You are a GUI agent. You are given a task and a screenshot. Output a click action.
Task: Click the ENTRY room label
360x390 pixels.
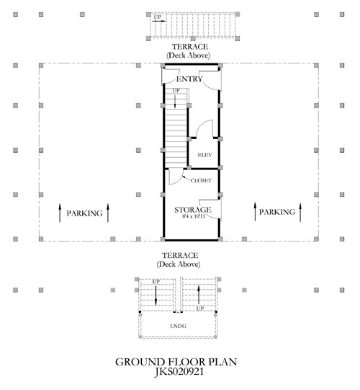pyautogui.click(x=189, y=79)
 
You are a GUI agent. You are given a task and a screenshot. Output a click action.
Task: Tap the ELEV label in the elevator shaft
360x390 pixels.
pyautogui.click(x=204, y=155)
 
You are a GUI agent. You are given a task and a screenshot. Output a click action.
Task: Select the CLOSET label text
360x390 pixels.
pyautogui.click(x=201, y=180)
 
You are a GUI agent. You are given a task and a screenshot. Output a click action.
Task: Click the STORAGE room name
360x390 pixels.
pyautogui.click(x=193, y=210)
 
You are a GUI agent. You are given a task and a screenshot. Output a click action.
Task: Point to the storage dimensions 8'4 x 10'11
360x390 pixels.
pyautogui.click(x=194, y=216)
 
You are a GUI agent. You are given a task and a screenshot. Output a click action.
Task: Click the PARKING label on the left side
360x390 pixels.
pyautogui.click(x=84, y=213)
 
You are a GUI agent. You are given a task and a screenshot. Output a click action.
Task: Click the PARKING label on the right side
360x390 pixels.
pyautogui.click(x=277, y=212)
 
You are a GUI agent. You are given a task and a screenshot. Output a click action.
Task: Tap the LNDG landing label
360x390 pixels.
pyautogui.click(x=178, y=326)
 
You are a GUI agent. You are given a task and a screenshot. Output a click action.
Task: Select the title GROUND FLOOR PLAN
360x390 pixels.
pyautogui.click(x=176, y=362)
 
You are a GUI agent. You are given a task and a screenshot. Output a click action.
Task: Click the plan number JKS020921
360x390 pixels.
pyautogui.click(x=179, y=372)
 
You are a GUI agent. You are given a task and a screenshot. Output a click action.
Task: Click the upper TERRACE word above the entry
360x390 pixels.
pyautogui.click(x=190, y=47)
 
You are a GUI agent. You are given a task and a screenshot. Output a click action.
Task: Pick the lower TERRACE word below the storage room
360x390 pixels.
pyautogui.click(x=180, y=255)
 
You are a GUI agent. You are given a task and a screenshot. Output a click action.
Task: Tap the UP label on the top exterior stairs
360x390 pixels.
pyautogui.click(x=158, y=17)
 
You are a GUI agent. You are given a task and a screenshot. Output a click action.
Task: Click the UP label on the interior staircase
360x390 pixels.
pyautogui.click(x=176, y=91)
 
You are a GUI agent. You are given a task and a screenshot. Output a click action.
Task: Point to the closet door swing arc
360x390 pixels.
pyautogui.click(x=179, y=179)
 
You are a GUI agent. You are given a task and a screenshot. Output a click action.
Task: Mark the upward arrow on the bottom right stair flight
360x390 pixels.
pyautogui.click(x=199, y=295)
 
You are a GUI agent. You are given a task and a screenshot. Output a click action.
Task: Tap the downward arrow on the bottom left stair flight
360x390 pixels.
pyautogui.click(x=156, y=296)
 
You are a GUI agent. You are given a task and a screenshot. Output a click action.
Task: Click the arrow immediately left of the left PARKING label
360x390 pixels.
pyautogui.click(x=60, y=213)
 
